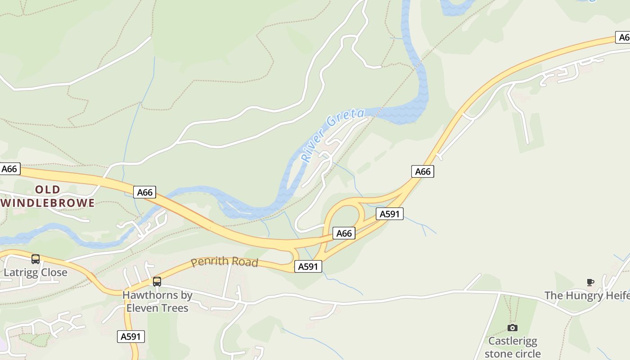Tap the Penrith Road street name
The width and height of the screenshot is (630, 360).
pos(225,261)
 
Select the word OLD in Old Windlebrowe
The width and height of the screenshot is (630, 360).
pos(48,189)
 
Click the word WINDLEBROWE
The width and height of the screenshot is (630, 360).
pos(48,203)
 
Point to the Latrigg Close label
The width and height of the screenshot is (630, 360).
pos(36,273)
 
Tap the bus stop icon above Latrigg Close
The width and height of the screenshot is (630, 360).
pos(36,259)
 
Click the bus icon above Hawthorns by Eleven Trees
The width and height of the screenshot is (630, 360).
pos(157,282)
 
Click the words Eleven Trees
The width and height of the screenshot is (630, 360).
pos(157,308)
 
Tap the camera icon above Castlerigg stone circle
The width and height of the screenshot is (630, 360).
pos(513,328)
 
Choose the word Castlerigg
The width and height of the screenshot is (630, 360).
pos(513,341)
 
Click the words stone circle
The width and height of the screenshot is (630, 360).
pos(513,354)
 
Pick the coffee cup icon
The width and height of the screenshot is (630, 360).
pos(590,282)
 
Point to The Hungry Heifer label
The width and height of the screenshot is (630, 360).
pos(587,296)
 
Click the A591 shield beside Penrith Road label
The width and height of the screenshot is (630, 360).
pos(308,266)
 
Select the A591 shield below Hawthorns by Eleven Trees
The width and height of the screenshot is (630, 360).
pos(131,336)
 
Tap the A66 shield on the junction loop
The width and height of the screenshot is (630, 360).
pos(344,233)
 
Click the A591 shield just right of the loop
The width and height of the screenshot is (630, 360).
pos(390,214)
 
